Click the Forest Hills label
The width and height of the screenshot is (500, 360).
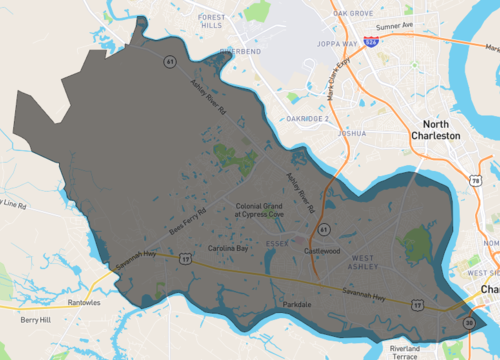point(211,22)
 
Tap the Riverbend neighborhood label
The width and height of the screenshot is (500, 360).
point(240,50)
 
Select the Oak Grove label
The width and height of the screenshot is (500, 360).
point(353,13)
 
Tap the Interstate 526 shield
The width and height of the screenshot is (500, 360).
point(371,44)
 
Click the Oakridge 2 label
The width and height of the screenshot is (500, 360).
point(307,119)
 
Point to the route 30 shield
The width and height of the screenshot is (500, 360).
point(470,322)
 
